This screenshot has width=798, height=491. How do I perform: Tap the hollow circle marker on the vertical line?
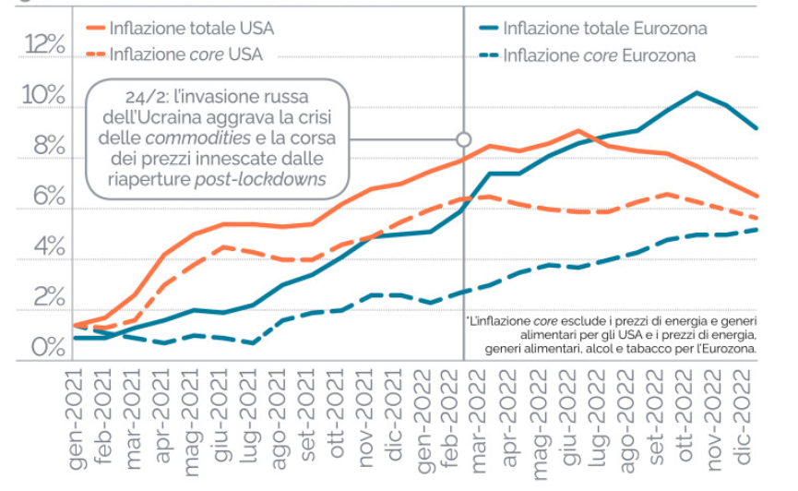click(x=464, y=139)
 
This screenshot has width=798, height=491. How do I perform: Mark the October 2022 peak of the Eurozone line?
click(x=697, y=92)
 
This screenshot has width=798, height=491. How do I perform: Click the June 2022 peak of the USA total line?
click(x=578, y=131)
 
